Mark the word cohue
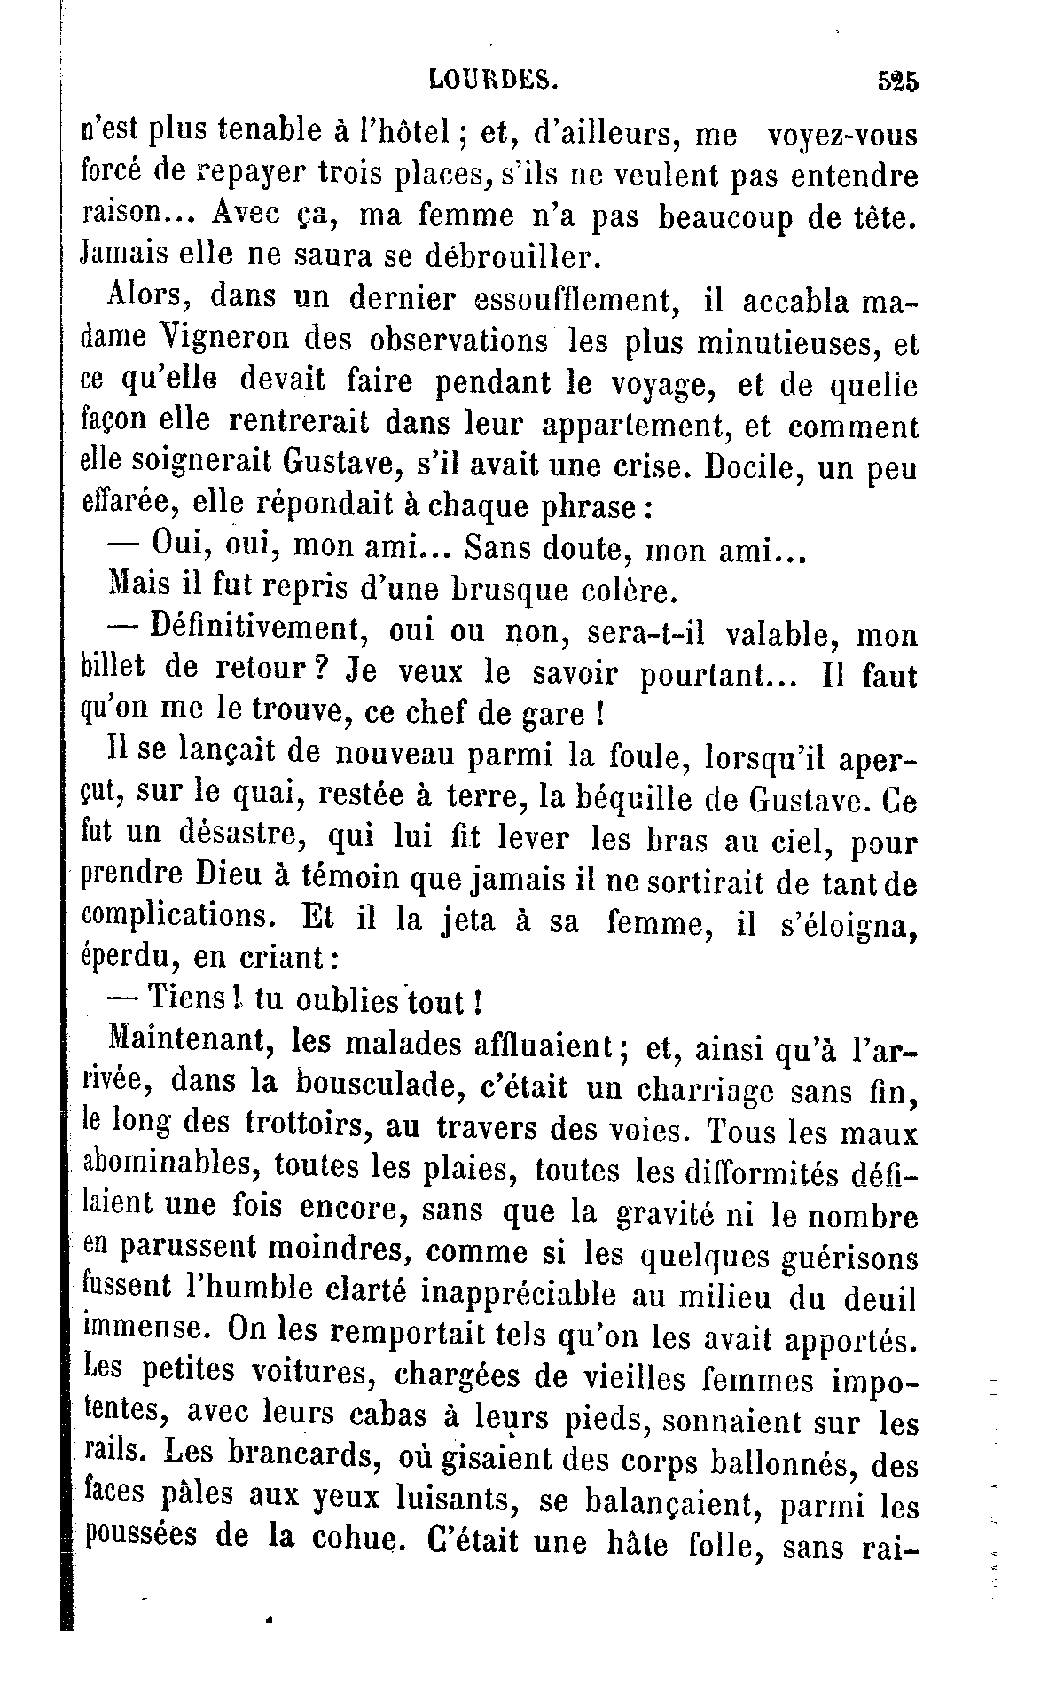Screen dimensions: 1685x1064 pos(349,1543)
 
